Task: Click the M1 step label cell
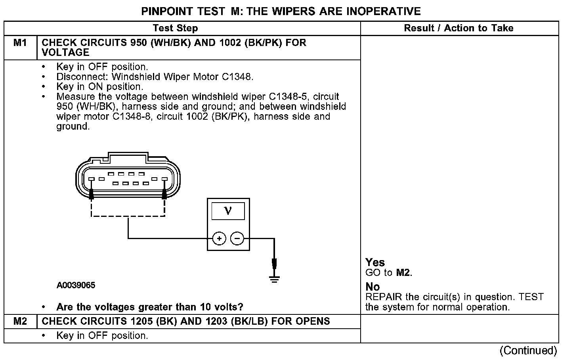click(x=20, y=43)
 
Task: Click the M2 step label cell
click(x=20, y=321)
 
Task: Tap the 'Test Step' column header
click(x=175, y=28)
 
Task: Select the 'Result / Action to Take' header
click(x=459, y=28)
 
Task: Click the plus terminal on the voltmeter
click(x=219, y=238)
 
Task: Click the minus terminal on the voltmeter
click(x=237, y=238)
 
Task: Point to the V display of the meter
click(x=228, y=211)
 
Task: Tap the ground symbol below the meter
click(x=274, y=279)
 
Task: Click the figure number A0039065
click(x=76, y=285)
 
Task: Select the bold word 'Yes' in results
click(x=375, y=262)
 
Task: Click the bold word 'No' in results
click(x=373, y=287)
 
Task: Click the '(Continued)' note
click(x=528, y=350)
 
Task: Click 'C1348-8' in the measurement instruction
click(x=133, y=117)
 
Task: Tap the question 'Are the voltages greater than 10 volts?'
click(x=149, y=307)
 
